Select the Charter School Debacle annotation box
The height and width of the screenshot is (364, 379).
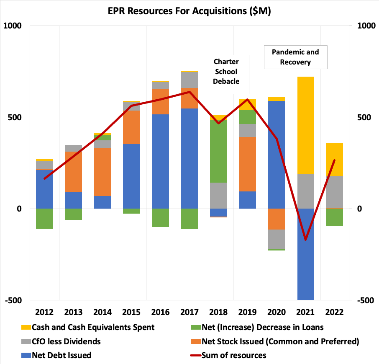pos(226,71)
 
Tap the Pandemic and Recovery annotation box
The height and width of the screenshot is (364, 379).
pos(295,57)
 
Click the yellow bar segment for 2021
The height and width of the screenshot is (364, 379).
pos(305,125)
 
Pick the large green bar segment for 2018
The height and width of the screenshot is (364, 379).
pos(218,151)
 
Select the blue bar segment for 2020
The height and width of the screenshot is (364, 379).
pos(277,155)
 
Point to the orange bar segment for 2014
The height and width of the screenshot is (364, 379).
pos(102,172)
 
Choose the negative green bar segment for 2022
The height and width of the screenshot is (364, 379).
pos(335,217)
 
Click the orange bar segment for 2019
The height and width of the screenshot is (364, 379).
pos(248,164)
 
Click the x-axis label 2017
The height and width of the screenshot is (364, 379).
pos(189,312)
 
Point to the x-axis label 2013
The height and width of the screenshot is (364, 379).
pos(73,312)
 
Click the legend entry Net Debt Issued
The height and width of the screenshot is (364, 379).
pos(61,355)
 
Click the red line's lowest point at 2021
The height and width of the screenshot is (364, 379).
pos(305,240)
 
